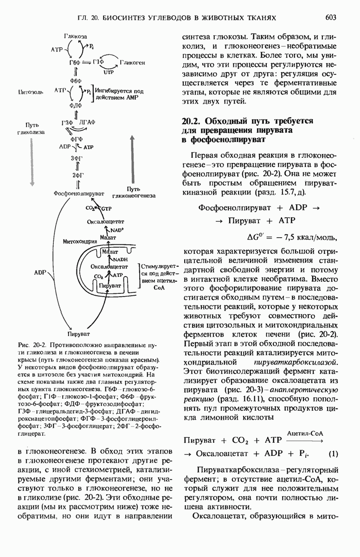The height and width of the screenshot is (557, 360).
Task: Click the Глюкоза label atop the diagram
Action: (x=76, y=36)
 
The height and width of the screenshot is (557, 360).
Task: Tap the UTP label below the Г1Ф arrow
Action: (x=108, y=73)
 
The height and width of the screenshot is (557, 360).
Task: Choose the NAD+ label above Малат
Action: (x=116, y=230)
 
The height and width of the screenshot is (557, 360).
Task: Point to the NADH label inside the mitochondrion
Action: (x=120, y=259)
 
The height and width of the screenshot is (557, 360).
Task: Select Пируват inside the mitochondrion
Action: (x=109, y=286)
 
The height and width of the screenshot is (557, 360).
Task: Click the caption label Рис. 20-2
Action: (x=32, y=346)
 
